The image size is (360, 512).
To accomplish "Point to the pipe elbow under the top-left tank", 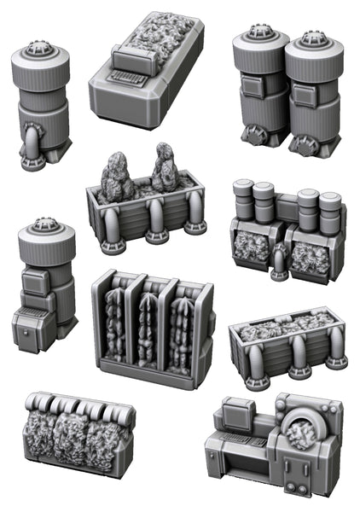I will click(32, 141).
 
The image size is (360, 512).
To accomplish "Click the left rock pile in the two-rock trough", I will click(113, 175).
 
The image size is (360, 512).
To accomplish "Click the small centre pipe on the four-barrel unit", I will click(277, 261).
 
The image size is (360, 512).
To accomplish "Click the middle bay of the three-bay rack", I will click(148, 329).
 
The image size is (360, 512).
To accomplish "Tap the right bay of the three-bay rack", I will click(182, 333).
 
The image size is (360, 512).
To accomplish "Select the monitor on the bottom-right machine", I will click(238, 416).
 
